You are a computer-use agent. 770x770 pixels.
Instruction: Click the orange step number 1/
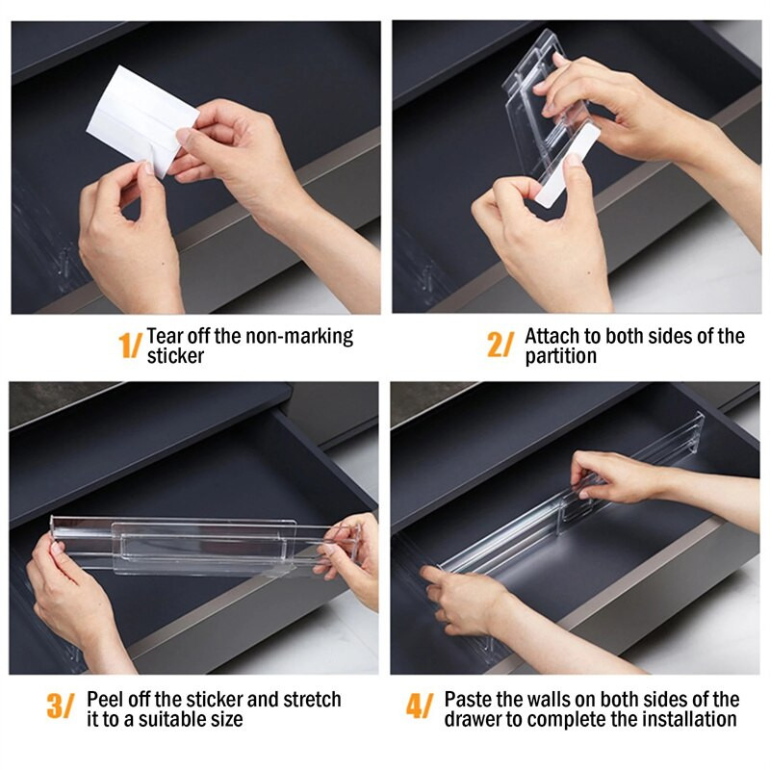coord(130,345)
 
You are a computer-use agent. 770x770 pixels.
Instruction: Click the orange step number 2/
coord(500,345)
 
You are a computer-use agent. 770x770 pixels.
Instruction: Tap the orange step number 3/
coord(61,706)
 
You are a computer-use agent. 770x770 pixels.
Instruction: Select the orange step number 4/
coord(420,706)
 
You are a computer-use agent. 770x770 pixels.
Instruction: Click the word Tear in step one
coord(164,336)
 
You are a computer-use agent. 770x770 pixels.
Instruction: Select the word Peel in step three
coord(104,700)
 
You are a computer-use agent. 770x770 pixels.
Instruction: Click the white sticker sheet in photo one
coord(142,120)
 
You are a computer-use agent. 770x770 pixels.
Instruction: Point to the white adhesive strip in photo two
coord(568,165)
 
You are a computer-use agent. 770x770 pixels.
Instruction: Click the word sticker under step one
coord(175,356)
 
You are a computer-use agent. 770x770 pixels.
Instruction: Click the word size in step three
coord(227,720)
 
